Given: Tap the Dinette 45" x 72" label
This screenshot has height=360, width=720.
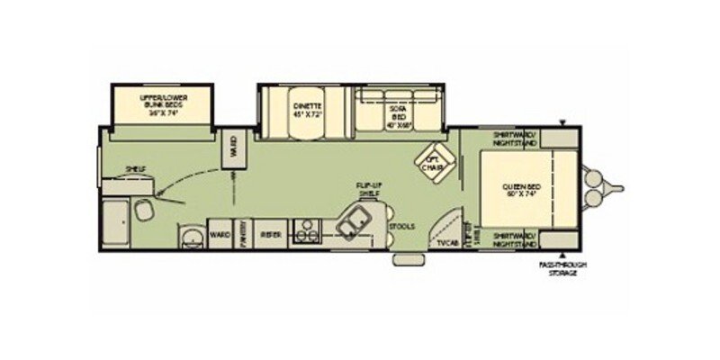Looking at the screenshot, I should pyautogui.click(x=306, y=111).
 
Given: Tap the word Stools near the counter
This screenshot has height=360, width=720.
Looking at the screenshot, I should pyautogui.click(x=403, y=226).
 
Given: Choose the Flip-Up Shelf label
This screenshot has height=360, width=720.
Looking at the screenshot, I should pyautogui.click(x=367, y=189).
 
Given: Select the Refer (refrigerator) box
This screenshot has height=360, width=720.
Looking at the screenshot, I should pyautogui.click(x=271, y=233).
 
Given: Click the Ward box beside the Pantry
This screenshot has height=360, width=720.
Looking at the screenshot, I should pyautogui.click(x=220, y=233).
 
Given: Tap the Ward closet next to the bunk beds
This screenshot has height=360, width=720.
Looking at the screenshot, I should pyautogui.click(x=233, y=148).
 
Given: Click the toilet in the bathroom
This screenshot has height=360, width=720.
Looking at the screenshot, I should pyautogui.click(x=143, y=209).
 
